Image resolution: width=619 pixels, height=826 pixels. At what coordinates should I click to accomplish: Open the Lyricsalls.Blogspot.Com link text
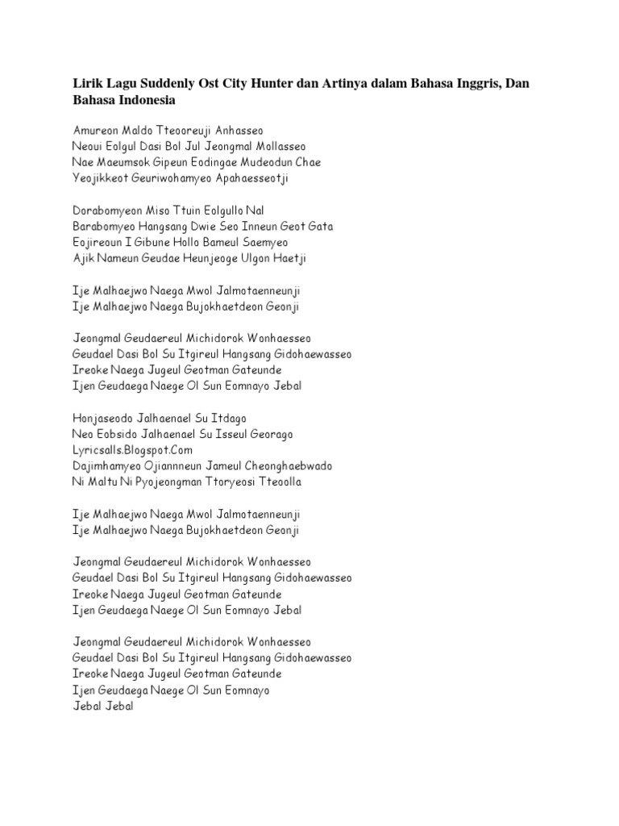click(x=133, y=450)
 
